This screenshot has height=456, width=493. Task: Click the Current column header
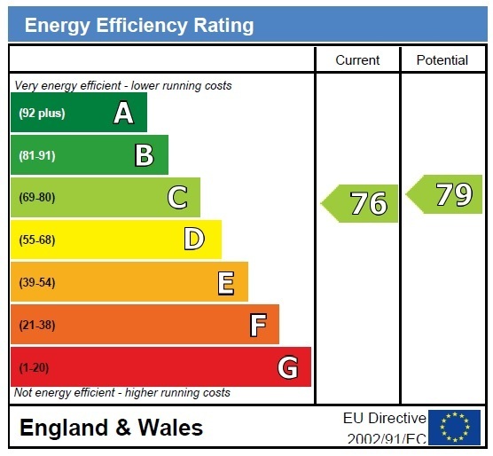[x=357, y=60]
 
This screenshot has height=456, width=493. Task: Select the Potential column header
[x=442, y=60]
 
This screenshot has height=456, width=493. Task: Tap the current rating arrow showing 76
[x=359, y=203]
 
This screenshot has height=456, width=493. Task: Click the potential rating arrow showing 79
[x=444, y=194]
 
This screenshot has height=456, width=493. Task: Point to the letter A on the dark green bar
[x=123, y=113]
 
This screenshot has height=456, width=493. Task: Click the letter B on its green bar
[x=145, y=155]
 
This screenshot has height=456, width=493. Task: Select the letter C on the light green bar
[x=177, y=197]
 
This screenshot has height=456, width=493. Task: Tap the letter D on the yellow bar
[x=194, y=240]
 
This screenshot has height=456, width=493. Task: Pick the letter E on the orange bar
[x=226, y=283]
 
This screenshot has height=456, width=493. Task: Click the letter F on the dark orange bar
[x=258, y=325]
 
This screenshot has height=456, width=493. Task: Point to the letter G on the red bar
[x=287, y=367]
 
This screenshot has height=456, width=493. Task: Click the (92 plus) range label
[x=42, y=113]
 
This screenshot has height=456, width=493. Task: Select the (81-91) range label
[x=37, y=155]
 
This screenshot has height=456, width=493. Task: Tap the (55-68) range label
[x=37, y=240]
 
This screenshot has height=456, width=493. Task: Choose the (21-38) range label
[x=37, y=325]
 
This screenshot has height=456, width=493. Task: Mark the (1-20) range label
[x=34, y=367]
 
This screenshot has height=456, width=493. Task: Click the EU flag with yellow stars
[x=454, y=427]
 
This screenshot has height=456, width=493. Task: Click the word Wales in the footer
[x=170, y=428]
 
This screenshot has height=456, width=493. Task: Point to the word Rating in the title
[x=223, y=26]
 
